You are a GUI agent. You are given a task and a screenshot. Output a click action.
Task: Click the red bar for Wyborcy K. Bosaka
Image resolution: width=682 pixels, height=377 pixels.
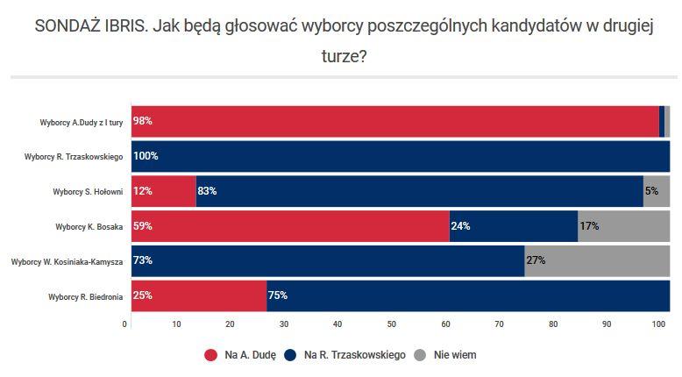tap(289, 226)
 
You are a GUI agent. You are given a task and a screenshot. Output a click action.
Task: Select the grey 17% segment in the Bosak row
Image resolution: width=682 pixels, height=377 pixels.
tap(623, 226)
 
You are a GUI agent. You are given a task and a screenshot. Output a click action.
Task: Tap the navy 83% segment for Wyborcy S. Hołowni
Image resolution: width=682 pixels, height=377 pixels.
tap(419, 191)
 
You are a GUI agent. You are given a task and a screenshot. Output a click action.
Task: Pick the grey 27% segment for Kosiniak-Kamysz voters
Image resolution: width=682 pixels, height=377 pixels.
tap(597, 261)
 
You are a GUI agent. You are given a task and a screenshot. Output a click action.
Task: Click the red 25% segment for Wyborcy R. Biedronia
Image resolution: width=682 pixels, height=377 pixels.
tap(198, 295)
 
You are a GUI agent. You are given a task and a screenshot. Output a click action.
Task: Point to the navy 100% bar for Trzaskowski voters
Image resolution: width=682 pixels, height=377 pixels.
tap(401, 156)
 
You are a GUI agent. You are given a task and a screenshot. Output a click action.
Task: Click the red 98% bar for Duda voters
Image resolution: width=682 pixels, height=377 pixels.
tap(394, 121)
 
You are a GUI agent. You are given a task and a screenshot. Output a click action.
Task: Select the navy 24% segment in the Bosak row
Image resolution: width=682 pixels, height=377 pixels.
tap(514, 226)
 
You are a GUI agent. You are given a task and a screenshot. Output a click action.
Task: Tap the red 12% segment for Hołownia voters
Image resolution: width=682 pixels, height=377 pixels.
tap(163, 191)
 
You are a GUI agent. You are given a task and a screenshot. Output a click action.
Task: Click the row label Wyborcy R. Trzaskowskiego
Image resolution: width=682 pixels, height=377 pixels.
tap(74, 157)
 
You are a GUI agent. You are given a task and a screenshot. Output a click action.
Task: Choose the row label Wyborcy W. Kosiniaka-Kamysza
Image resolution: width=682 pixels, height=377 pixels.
tap(67, 261)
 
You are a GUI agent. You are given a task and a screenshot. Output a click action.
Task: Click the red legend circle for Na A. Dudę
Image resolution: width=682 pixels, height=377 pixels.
tap(210, 355)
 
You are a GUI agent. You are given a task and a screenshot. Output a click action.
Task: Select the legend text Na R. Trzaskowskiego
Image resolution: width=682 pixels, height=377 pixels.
tap(354, 355)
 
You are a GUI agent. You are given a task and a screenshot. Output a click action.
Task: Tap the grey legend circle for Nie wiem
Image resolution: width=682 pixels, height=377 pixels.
tap(419, 355)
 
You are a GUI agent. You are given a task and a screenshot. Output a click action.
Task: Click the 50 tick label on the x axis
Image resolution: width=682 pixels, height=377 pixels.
tap(392, 325)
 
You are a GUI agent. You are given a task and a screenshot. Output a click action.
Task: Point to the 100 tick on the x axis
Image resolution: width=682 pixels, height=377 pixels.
tap(658, 325)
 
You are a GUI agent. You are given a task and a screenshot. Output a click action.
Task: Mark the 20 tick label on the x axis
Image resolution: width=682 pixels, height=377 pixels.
tap(231, 325)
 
